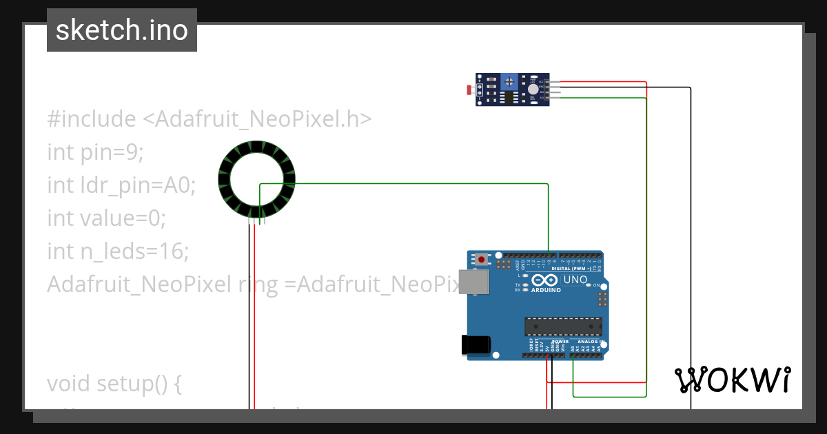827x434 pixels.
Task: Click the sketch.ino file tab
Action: click(122, 30)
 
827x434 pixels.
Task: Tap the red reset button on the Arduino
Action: click(481, 260)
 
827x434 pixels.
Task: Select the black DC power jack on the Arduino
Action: click(475, 344)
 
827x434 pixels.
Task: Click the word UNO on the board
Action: click(575, 280)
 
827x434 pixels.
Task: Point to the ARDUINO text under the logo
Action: click(546, 290)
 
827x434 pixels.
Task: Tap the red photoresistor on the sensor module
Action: click(471, 90)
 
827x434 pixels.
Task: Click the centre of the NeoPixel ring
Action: click(256, 178)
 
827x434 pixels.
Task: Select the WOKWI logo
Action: click(732, 380)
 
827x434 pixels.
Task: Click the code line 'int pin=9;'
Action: click(95, 152)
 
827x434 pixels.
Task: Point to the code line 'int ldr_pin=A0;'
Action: click(121, 185)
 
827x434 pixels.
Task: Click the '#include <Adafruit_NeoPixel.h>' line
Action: click(210, 119)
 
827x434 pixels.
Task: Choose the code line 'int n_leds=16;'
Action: click(118, 251)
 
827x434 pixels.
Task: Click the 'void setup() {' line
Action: click(114, 383)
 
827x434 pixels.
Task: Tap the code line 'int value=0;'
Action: click(106, 218)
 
